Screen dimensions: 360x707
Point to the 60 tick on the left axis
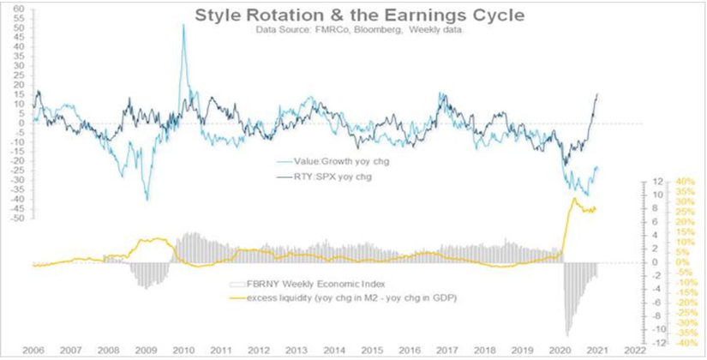(17, 9)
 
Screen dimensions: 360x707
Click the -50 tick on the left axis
(15, 219)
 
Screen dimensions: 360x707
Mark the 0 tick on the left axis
(20, 123)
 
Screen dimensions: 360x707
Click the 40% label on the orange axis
(661, 182)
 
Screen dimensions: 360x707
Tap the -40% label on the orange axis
(660, 343)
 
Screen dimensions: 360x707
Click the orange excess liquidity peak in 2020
(573, 199)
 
